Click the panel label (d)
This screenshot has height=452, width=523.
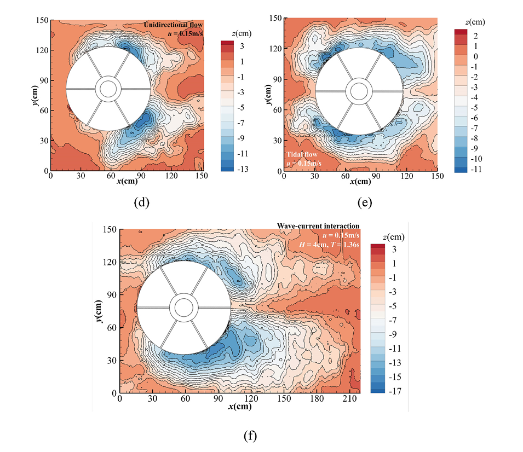[141, 202]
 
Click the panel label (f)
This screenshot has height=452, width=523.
[250, 436]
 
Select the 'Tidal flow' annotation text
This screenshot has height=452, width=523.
[302, 154]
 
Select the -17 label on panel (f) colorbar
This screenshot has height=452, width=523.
[394, 391]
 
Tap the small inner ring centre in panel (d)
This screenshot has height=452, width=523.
[108, 88]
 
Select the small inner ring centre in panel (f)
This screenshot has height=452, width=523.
[183, 308]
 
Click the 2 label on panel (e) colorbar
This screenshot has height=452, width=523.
[476, 36]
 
